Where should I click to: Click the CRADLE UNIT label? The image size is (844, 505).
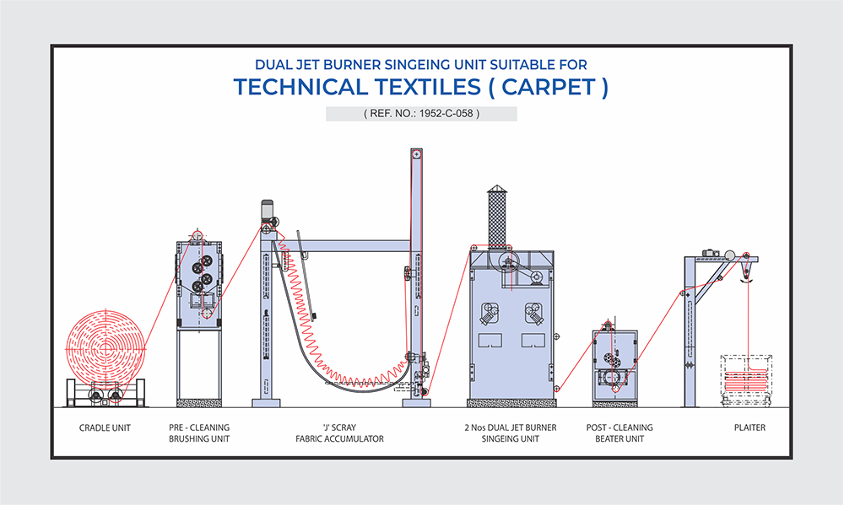point(105,428)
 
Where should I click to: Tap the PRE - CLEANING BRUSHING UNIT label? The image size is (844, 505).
point(199,433)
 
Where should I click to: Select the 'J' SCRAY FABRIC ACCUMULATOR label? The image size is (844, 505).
point(339,433)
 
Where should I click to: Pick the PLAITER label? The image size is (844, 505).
point(749,428)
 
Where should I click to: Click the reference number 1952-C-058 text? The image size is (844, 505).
point(421,114)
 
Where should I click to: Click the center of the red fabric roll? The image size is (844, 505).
point(105,347)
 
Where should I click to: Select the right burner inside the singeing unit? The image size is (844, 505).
point(533,312)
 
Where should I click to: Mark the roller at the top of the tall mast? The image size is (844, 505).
point(415,155)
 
